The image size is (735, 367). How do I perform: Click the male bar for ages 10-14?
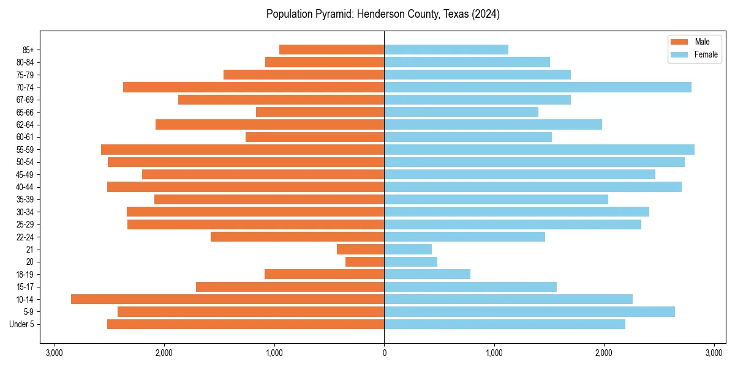coord(227,299)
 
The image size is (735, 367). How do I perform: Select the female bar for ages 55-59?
coord(539,150)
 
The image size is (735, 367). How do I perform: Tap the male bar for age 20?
coord(364,262)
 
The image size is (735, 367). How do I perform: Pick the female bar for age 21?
coord(408,250)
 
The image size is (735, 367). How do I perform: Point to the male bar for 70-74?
coord(254,87)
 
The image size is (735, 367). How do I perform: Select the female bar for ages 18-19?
coord(427,274)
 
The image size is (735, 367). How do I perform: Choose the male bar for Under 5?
coord(246,324)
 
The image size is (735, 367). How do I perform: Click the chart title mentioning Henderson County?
coord(383,14)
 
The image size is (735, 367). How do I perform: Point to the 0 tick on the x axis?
coord(384,353)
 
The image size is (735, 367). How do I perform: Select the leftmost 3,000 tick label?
coord(55,353)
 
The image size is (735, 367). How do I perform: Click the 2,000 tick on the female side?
coord(604,353)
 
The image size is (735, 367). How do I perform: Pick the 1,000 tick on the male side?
coord(274,353)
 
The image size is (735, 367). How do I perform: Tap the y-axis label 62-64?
coord(24,125)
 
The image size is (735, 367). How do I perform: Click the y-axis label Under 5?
coord(21,324)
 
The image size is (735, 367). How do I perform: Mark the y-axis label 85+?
coord(27,50)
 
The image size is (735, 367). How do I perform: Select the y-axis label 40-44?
coord(24,187)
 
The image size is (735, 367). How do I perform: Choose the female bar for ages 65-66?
coord(461,112)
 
